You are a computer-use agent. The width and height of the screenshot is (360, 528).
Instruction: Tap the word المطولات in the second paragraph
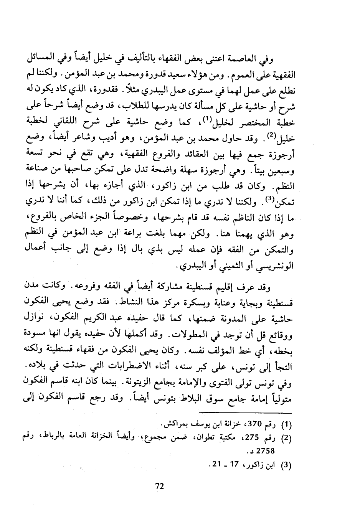click(x=179, y=334)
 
